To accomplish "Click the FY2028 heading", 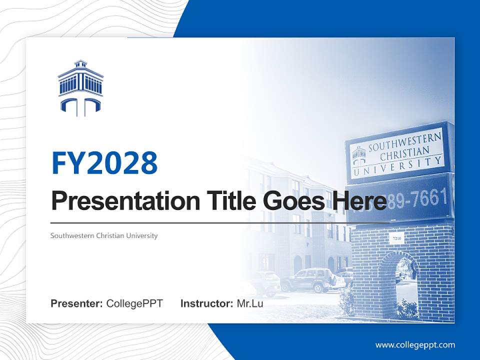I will tap(104, 162).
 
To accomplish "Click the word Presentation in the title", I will tap(118, 201).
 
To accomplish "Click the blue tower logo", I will tap(80, 88).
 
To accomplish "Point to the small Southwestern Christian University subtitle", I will tap(104, 235).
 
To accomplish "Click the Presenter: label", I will tap(76, 303).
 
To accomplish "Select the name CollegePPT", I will tap(134, 303).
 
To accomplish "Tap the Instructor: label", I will tap(206, 303).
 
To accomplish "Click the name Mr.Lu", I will tap(250, 303).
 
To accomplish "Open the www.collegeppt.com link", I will tap(415, 344).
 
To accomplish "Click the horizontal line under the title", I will tap(220, 222).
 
